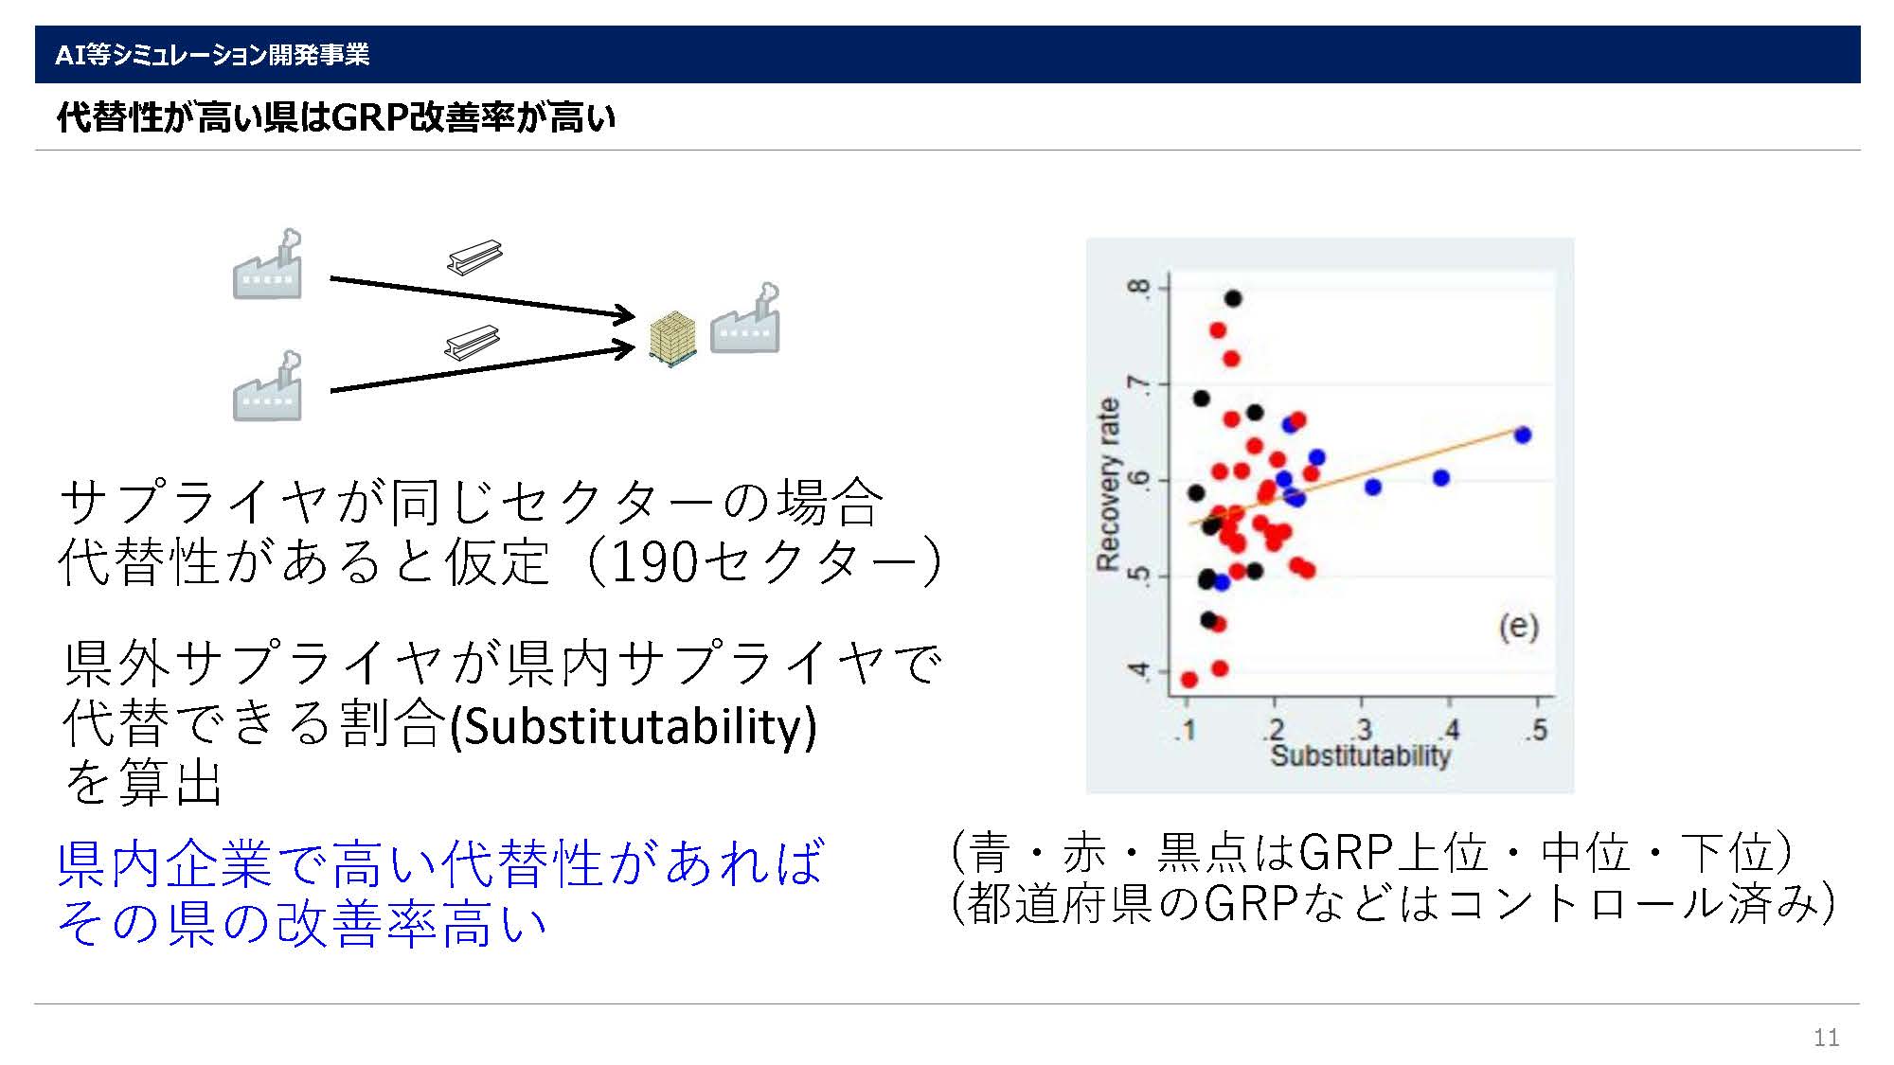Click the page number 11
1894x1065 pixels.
(x=1826, y=1038)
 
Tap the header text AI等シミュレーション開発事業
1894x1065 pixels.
(x=212, y=55)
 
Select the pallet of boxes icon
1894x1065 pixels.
(x=673, y=338)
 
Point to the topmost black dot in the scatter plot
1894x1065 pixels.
(x=1233, y=298)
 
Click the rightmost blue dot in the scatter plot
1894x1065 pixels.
(x=1523, y=435)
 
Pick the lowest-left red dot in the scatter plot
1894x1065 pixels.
(x=1189, y=680)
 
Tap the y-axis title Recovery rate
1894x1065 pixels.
(x=1108, y=484)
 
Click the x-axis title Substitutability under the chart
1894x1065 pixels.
(x=1360, y=755)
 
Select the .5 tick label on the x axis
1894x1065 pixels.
(x=1538, y=730)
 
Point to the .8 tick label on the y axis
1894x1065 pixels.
(x=1140, y=287)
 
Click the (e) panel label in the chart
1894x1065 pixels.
(x=1518, y=627)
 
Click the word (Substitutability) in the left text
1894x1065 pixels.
(x=632, y=726)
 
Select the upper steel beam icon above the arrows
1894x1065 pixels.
(x=474, y=256)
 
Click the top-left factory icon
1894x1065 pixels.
(x=268, y=264)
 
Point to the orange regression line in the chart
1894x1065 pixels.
(x=1356, y=476)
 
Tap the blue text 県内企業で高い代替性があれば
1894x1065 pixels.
(x=441, y=863)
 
